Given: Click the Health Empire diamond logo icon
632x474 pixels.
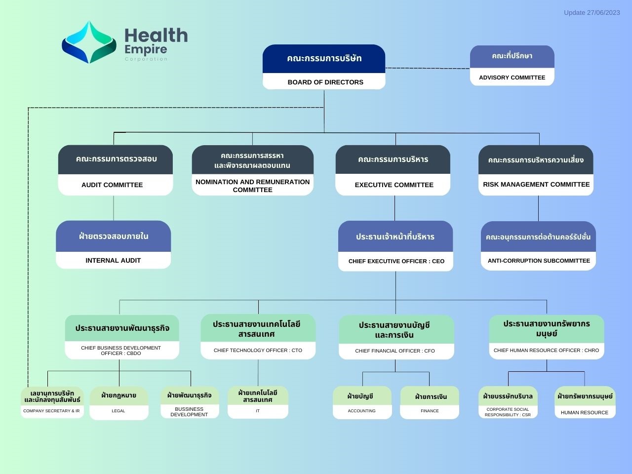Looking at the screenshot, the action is pyautogui.click(x=89, y=42).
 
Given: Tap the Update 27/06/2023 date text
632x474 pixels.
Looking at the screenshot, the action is pyautogui.click(x=592, y=13).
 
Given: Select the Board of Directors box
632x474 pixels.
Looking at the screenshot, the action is pyautogui.click(x=324, y=67).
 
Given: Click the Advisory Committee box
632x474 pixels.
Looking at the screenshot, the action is pyautogui.click(x=512, y=65).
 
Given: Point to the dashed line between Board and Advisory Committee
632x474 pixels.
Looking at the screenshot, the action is pyautogui.click(x=428, y=68).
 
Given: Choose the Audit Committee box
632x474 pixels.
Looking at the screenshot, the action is pyautogui.click(x=116, y=170).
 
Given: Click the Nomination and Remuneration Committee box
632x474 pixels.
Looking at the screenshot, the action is pyautogui.click(x=252, y=170).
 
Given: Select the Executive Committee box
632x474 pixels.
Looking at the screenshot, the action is pyautogui.click(x=393, y=170).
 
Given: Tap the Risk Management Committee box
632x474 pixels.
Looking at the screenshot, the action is pyautogui.click(x=536, y=170).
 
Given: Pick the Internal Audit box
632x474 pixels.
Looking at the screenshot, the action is pyautogui.click(x=113, y=244).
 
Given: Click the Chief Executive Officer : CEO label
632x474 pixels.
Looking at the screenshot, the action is pyautogui.click(x=396, y=261).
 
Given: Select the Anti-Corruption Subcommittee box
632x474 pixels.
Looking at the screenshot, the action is pyautogui.click(x=538, y=245).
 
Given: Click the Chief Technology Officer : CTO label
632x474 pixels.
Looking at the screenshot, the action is pyautogui.click(x=258, y=350).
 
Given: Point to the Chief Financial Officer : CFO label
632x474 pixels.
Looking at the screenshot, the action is pyautogui.click(x=395, y=351).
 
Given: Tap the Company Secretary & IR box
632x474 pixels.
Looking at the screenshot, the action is pyautogui.click(x=52, y=402).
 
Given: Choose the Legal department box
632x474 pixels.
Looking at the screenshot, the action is pyautogui.click(x=119, y=403).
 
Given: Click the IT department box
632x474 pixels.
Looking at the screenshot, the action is pyautogui.click(x=258, y=402).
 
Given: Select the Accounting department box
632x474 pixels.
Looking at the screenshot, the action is pyautogui.click(x=362, y=402).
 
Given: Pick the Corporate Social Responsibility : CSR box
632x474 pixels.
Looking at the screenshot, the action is pyautogui.click(x=508, y=402).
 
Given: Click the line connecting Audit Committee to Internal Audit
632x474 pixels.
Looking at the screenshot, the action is pyautogui.click(x=114, y=208).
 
